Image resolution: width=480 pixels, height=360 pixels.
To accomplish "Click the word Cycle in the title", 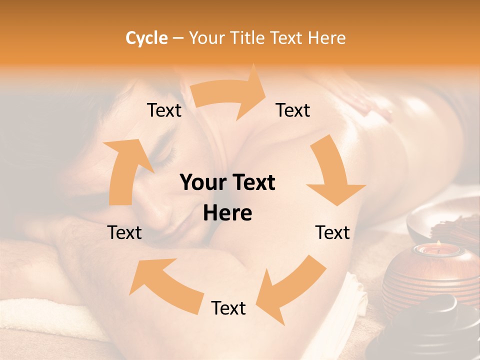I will [146, 38].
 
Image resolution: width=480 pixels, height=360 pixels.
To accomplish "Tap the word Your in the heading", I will [207, 38].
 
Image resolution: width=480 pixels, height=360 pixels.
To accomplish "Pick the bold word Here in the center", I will [227, 213].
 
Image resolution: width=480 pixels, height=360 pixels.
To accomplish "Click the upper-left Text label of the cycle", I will [164, 110].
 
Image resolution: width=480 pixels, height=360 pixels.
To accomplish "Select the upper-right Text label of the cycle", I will [293, 110].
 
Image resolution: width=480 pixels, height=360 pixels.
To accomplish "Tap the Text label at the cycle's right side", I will [332, 232].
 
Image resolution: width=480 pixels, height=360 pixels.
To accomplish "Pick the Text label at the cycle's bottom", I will [228, 308].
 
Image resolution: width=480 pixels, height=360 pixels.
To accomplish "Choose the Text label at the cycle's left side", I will [124, 232].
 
